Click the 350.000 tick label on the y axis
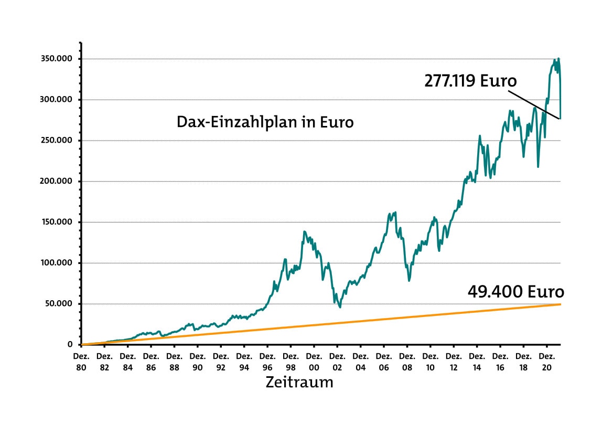[56, 59]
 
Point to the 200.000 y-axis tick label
[56, 181]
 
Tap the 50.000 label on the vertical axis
[58, 304]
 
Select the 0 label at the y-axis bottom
[70, 344]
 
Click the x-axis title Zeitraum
[299, 382]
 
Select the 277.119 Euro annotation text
[470, 81]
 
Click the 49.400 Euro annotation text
[515, 292]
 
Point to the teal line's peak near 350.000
[558, 58]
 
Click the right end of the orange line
[561, 304]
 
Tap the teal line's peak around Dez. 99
[304, 231]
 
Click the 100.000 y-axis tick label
[56, 263]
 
